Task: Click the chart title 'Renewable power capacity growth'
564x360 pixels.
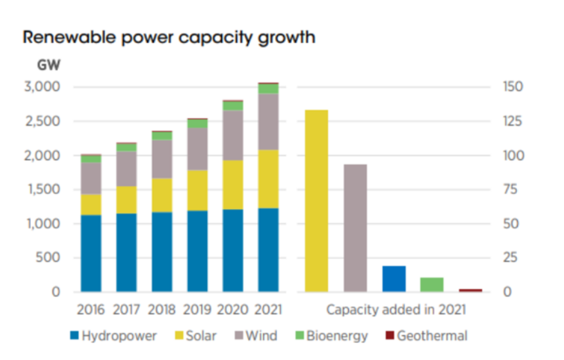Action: click(169, 37)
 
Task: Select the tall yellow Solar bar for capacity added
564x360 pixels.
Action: click(316, 200)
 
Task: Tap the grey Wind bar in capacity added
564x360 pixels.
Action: click(355, 227)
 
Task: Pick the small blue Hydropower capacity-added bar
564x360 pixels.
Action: click(393, 278)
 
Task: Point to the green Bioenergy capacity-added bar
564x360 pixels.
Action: click(432, 284)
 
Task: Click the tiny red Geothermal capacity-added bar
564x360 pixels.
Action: click(471, 290)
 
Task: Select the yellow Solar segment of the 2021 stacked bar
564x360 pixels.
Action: click(268, 179)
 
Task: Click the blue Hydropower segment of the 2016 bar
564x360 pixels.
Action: click(91, 253)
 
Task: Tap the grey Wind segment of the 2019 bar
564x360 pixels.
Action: click(197, 149)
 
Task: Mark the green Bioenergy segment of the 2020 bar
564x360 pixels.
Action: click(233, 106)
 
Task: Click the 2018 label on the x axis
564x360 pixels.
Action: click(162, 310)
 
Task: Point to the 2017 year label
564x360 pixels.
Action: click(126, 310)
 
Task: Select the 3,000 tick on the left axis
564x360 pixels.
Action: click(42, 87)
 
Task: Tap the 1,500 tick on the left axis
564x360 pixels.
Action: click(42, 189)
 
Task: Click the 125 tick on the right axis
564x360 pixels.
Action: click(513, 121)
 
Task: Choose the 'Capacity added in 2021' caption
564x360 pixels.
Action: click(396, 310)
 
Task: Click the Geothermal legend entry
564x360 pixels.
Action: click(425, 336)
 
